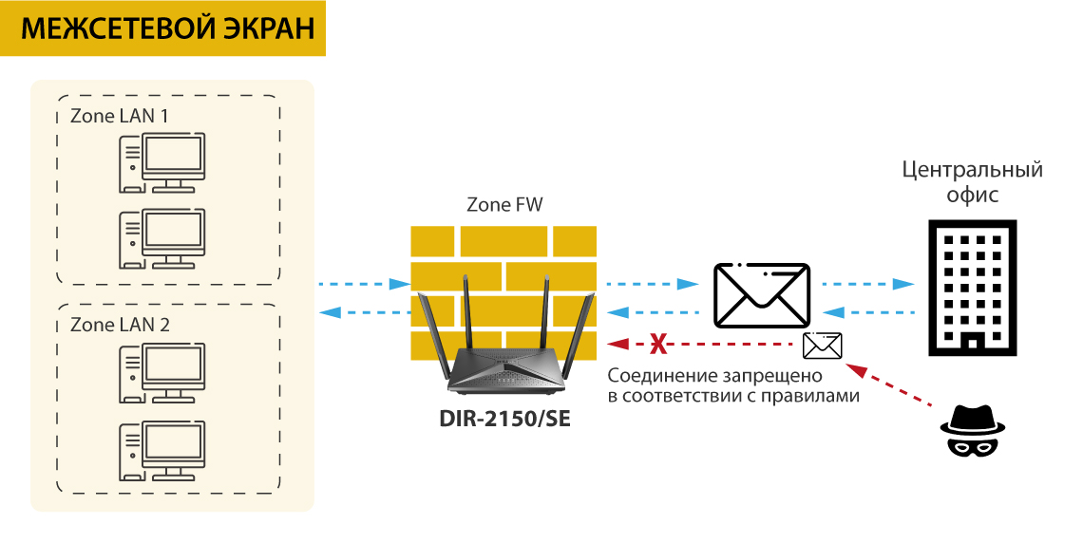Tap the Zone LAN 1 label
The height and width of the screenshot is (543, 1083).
[x=120, y=117]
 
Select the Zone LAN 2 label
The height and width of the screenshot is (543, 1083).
[x=120, y=325]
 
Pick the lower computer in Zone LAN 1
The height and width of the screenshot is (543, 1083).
[x=161, y=239]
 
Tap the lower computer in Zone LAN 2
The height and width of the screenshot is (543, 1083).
[x=161, y=448]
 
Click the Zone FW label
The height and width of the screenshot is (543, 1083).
[x=505, y=204]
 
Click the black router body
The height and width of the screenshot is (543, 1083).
[x=503, y=370]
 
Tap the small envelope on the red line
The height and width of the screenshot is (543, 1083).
[x=822, y=346]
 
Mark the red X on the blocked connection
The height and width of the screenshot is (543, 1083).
[x=655, y=344]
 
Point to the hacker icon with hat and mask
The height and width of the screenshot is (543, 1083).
[x=972, y=431]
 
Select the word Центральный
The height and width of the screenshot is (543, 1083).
[x=972, y=171]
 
